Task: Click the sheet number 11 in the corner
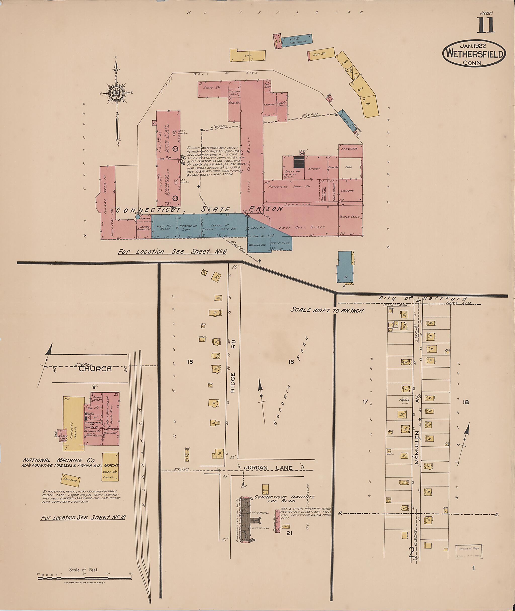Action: pyautogui.click(x=486, y=25)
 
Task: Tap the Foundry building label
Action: pyautogui.click(x=70, y=430)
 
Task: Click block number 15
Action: pyautogui.click(x=190, y=362)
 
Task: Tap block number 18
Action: pyautogui.click(x=466, y=402)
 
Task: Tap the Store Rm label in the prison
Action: pyautogui.click(x=209, y=88)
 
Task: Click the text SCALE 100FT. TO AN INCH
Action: pyautogui.click(x=327, y=310)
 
